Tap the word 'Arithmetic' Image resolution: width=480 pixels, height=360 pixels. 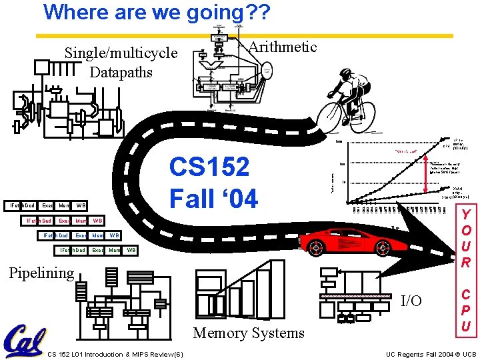tap(282, 47)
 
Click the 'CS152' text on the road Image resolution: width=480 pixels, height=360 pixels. tap(209, 167)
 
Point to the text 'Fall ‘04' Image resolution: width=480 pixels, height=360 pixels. tap(213, 198)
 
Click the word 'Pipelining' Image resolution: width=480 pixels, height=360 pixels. tap(41, 273)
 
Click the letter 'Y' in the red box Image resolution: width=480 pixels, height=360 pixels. tap(467, 215)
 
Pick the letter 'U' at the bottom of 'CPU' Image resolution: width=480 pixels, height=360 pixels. tap(467, 326)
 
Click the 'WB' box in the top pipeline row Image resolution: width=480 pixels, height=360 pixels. tap(81, 205)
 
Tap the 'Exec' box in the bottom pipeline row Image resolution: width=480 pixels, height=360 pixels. tap(97, 250)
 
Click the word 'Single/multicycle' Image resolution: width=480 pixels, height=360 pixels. tap(121, 53)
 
